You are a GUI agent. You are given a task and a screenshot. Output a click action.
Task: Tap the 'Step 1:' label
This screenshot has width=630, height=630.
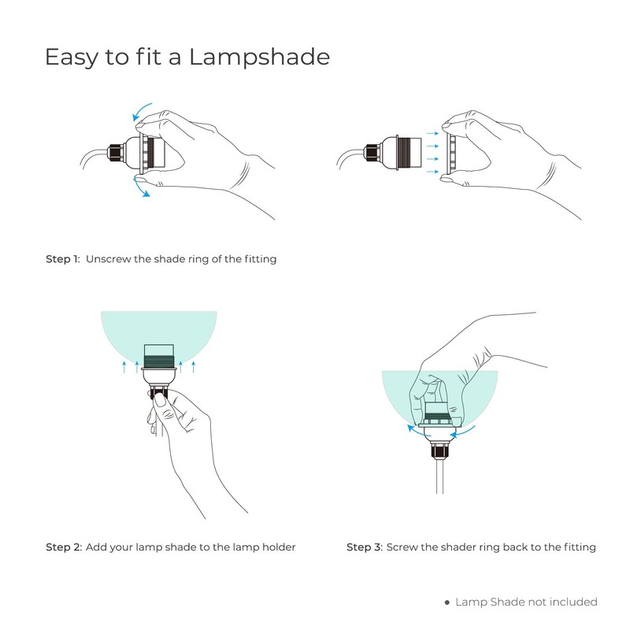tap(62, 258)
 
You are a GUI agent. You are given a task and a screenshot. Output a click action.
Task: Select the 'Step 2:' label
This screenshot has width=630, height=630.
tap(63, 547)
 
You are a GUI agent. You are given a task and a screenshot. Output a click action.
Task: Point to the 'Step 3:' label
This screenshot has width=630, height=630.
tap(364, 547)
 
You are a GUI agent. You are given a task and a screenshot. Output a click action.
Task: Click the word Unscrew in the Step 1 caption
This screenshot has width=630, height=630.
tap(109, 258)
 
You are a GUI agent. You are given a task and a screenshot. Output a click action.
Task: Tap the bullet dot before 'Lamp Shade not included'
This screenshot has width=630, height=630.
tap(447, 602)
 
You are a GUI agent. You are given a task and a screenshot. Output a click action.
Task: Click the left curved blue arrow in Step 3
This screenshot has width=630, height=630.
tap(413, 428)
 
